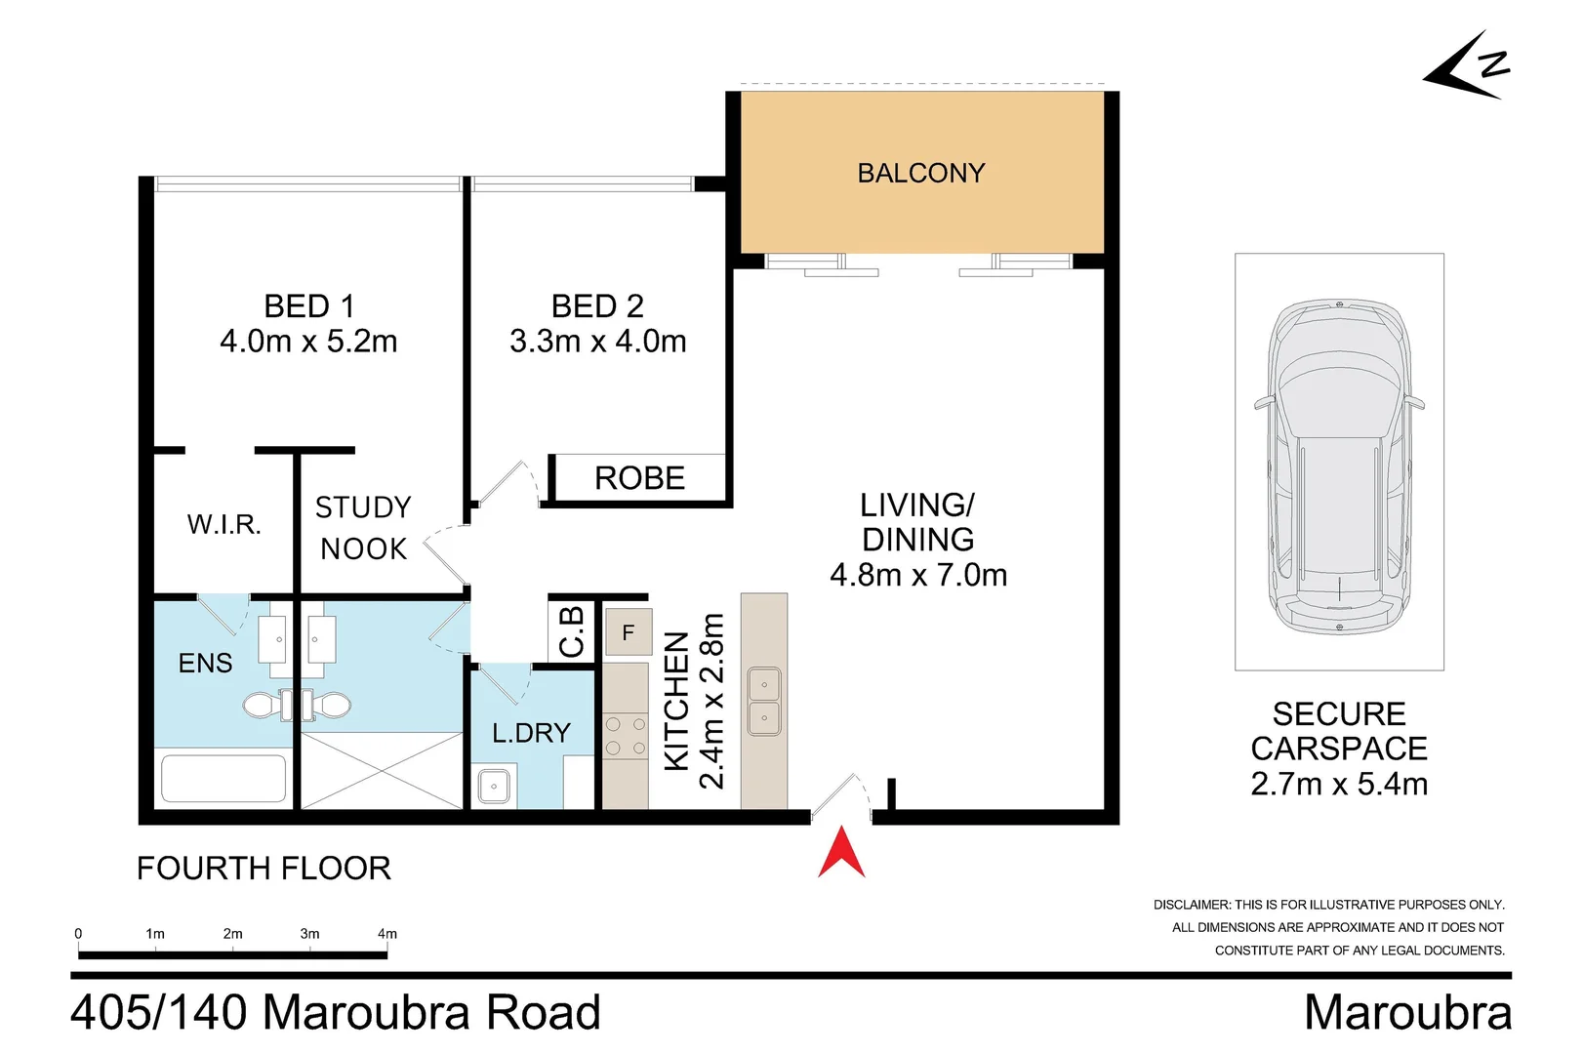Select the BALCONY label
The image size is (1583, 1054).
pyautogui.click(x=921, y=173)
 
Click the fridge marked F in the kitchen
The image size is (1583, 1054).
pyautogui.click(x=629, y=632)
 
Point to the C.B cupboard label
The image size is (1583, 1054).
pyautogui.click(x=572, y=631)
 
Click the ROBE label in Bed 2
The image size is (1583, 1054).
pyautogui.click(x=639, y=478)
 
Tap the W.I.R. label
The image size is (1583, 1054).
pyautogui.click(x=224, y=524)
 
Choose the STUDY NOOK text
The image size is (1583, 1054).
pyautogui.click(x=363, y=528)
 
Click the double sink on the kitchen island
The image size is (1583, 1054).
pyautogui.click(x=764, y=702)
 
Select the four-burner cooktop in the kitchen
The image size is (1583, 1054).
pyautogui.click(x=626, y=736)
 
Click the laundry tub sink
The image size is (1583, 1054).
pyautogui.click(x=494, y=786)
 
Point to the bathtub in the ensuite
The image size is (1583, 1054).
pyautogui.click(x=223, y=779)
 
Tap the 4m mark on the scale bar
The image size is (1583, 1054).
pyautogui.click(x=387, y=934)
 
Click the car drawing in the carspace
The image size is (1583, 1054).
pyautogui.click(x=1339, y=466)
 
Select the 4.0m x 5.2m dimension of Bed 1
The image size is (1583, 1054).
pyautogui.click(x=308, y=342)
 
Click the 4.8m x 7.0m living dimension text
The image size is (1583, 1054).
pyautogui.click(x=918, y=575)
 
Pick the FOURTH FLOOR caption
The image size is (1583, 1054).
pyautogui.click(x=264, y=868)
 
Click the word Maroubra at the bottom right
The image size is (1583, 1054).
pyautogui.click(x=1407, y=1012)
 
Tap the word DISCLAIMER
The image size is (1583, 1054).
pyautogui.click(x=1192, y=905)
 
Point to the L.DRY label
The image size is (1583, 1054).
pyautogui.click(x=532, y=733)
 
